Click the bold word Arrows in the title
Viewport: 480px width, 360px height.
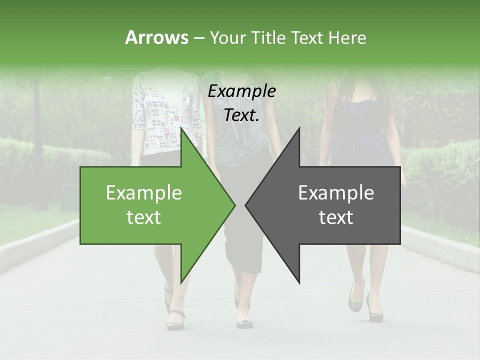click(157, 37)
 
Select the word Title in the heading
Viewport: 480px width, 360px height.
click(268, 37)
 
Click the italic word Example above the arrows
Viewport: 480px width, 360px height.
click(241, 91)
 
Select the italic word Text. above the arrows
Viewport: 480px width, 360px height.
click(241, 115)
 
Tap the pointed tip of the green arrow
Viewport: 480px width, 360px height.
click(234, 205)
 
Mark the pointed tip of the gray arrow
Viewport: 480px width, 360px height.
click(246, 205)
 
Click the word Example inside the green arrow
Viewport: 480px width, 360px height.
click(143, 192)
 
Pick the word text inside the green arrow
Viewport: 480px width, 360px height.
click(143, 217)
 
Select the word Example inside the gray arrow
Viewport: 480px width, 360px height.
click(336, 192)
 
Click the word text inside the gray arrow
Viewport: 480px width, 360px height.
click(336, 217)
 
